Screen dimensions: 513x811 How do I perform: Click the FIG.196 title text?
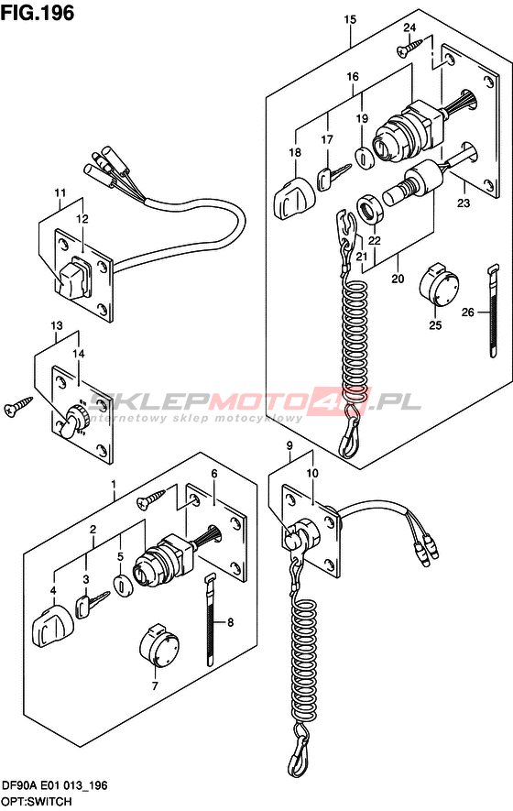pyautogui.click(x=38, y=13)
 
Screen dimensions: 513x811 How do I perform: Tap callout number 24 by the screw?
pyautogui.click(x=409, y=27)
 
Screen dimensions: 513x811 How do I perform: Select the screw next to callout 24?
pyautogui.click(x=410, y=47)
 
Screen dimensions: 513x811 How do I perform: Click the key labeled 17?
pyautogui.click(x=333, y=176)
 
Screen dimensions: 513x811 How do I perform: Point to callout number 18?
pyautogui.click(x=295, y=153)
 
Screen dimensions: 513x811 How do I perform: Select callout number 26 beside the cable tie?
pyautogui.click(x=467, y=312)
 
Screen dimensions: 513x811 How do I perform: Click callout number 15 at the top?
pyautogui.click(x=350, y=19)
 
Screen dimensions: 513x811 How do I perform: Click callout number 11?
pyautogui.click(x=60, y=193)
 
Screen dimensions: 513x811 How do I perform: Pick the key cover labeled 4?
pyautogui.click(x=52, y=624)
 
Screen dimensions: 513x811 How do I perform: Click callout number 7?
pyautogui.click(x=155, y=686)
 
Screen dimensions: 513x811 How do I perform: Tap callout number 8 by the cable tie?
pyautogui.click(x=230, y=622)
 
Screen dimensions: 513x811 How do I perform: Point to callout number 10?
pyautogui.click(x=312, y=473)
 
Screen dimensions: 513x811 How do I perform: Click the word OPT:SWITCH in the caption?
pyautogui.click(x=37, y=802)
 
